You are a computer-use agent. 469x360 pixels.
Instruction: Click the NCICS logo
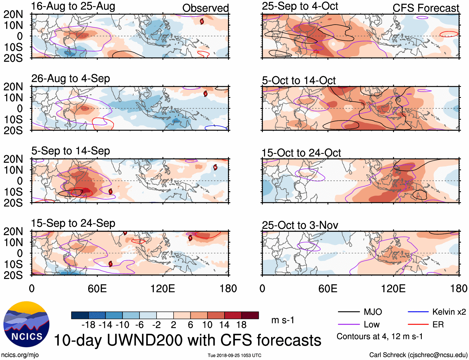(26, 324)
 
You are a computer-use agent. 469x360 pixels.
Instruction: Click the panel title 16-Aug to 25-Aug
(73, 6)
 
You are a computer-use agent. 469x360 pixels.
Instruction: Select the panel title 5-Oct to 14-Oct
(298, 81)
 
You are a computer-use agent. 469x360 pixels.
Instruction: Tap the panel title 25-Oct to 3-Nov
(300, 225)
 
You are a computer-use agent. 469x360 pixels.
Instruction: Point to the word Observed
(205, 8)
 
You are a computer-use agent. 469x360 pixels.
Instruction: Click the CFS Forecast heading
(426, 8)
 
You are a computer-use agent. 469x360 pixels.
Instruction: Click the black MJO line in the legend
(348, 312)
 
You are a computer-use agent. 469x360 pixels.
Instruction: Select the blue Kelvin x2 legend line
(418, 312)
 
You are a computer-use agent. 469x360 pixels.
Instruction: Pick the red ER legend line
(418, 325)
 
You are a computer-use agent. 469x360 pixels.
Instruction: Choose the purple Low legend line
(348, 325)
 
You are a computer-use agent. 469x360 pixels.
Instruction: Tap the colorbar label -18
(88, 325)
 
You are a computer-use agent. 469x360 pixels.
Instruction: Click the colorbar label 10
(207, 325)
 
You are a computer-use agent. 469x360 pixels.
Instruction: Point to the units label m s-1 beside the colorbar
(283, 320)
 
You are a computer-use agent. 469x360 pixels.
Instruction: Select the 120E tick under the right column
(393, 288)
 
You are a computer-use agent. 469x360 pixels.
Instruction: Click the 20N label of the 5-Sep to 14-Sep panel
(13, 159)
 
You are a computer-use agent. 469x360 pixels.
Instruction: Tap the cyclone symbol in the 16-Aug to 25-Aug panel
(202, 21)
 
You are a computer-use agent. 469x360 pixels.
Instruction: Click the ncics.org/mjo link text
(20, 355)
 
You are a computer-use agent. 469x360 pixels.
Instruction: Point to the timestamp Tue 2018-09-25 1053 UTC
(234, 355)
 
